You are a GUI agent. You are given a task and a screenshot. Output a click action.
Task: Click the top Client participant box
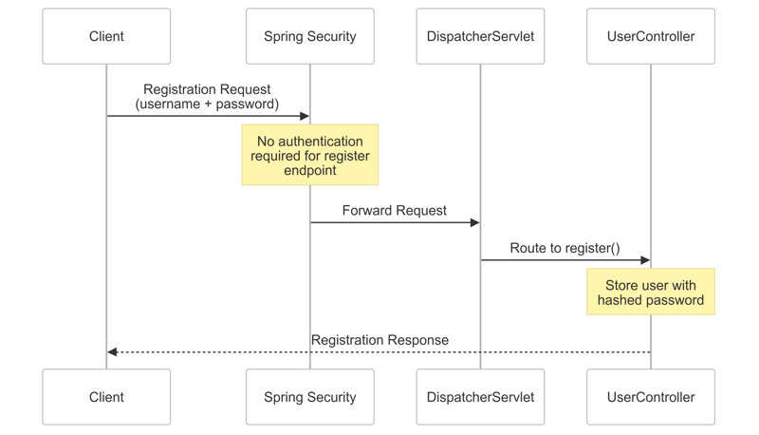click(106, 36)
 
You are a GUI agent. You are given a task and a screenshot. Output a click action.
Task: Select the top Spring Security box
click(309, 36)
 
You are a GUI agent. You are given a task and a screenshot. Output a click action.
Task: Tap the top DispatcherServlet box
click(480, 36)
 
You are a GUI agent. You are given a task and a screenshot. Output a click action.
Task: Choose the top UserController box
click(651, 36)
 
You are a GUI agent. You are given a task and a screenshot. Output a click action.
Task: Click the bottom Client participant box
click(106, 397)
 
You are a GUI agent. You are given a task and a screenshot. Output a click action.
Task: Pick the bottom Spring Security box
click(309, 397)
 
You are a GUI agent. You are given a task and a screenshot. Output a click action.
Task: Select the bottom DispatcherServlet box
click(480, 397)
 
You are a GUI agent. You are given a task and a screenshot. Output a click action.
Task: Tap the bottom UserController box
click(651, 397)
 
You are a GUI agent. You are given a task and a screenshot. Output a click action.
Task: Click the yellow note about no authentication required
click(309, 155)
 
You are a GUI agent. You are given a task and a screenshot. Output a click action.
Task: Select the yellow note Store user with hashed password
click(651, 292)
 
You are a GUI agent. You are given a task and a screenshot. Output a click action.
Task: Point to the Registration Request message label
click(207, 96)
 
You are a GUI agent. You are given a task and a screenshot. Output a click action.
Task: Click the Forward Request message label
click(394, 210)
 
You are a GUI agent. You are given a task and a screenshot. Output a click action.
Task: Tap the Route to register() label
click(565, 248)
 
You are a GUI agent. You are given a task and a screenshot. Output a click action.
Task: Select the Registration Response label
click(379, 339)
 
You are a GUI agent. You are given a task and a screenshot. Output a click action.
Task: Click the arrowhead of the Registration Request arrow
click(305, 116)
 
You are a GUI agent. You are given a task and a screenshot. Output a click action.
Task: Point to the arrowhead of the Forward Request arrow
click(475, 222)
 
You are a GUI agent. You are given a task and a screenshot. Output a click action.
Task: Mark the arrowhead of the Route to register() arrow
click(646, 260)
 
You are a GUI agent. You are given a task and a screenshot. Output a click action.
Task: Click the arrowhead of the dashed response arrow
click(112, 351)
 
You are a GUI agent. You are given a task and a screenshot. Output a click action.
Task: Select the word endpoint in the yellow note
click(310, 171)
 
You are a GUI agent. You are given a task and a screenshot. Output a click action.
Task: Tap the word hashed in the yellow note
click(621, 300)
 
